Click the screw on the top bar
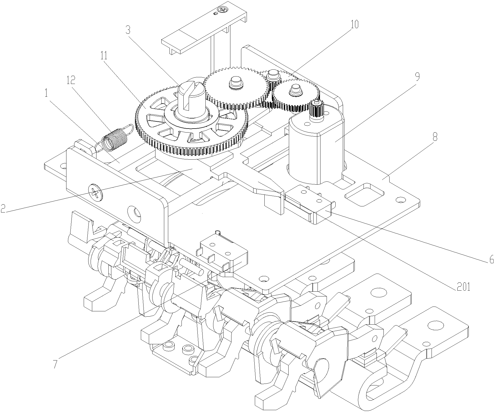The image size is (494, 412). point(222,10)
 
